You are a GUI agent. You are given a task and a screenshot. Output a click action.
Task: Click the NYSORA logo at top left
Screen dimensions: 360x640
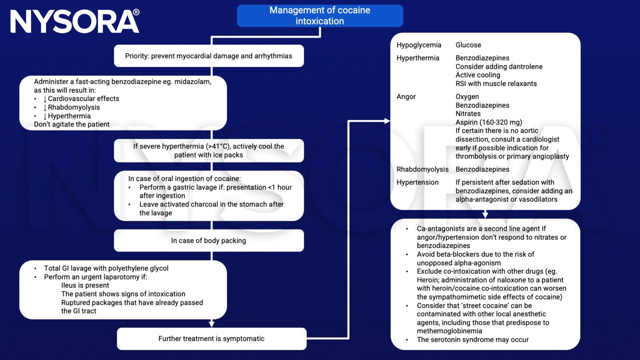click(x=75, y=22)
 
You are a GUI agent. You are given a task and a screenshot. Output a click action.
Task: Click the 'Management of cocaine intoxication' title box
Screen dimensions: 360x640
click(x=320, y=16)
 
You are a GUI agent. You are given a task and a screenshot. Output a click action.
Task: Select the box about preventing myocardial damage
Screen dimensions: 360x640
click(x=209, y=56)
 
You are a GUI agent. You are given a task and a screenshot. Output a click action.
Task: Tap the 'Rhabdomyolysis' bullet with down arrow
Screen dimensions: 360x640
click(x=73, y=107)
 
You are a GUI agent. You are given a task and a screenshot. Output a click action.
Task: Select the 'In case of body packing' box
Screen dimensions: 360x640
click(x=209, y=240)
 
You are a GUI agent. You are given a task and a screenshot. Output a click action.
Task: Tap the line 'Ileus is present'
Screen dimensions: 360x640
click(x=85, y=285)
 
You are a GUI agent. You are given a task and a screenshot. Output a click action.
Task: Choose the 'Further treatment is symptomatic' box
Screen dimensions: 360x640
click(x=211, y=339)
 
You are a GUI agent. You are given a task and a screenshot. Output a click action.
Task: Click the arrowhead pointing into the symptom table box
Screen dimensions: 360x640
click(x=387, y=121)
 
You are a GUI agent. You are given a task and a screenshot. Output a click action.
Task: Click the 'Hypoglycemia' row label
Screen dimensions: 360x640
click(x=419, y=45)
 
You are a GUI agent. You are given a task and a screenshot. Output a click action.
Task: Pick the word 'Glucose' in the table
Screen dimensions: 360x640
click(x=468, y=45)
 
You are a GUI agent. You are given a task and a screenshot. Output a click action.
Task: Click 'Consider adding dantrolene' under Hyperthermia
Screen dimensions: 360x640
click(x=499, y=67)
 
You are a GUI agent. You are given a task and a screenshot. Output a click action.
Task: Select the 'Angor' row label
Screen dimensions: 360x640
click(x=406, y=97)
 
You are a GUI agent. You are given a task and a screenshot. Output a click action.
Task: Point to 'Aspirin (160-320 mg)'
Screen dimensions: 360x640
click(x=488, y=122)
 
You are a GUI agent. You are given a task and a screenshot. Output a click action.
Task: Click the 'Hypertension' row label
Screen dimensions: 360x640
click(x=417, y=182)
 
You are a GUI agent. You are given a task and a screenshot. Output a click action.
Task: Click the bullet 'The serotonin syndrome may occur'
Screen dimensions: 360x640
click(x=472, y=340)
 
